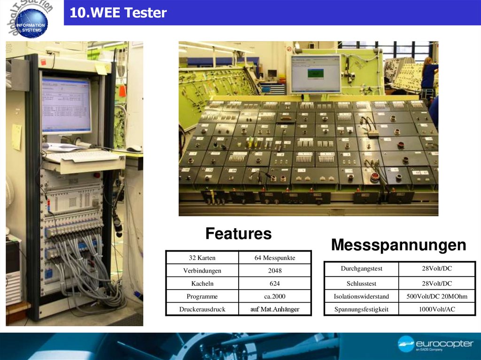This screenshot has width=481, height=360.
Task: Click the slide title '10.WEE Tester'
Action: click(118, 13)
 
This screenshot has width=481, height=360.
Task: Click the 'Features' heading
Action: click(238, 234)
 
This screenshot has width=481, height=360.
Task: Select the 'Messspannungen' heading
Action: click(398, 245)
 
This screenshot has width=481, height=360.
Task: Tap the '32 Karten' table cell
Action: click(202, 258)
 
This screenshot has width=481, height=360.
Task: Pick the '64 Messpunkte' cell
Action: click(275, 258)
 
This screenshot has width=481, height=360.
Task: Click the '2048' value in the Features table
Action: click(275, 271)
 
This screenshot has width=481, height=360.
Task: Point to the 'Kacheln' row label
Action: click(202, 283)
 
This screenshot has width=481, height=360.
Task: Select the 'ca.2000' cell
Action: click(275, 297)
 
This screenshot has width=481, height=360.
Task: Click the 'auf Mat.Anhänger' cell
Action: click(275, 309)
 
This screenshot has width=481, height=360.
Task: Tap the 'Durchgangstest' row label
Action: click(361, 269)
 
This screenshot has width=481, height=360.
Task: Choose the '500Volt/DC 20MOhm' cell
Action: click(437, 297)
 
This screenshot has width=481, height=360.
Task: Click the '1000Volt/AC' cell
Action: click(437, 309)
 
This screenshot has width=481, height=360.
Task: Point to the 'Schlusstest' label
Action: click(361, 283)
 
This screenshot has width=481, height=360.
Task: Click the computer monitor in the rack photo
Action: click(66, 105)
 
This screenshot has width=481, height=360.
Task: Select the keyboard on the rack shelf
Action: click(83, 156)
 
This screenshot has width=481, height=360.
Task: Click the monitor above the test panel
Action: click(315, 74)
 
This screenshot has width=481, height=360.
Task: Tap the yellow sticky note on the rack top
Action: click(101, 69)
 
